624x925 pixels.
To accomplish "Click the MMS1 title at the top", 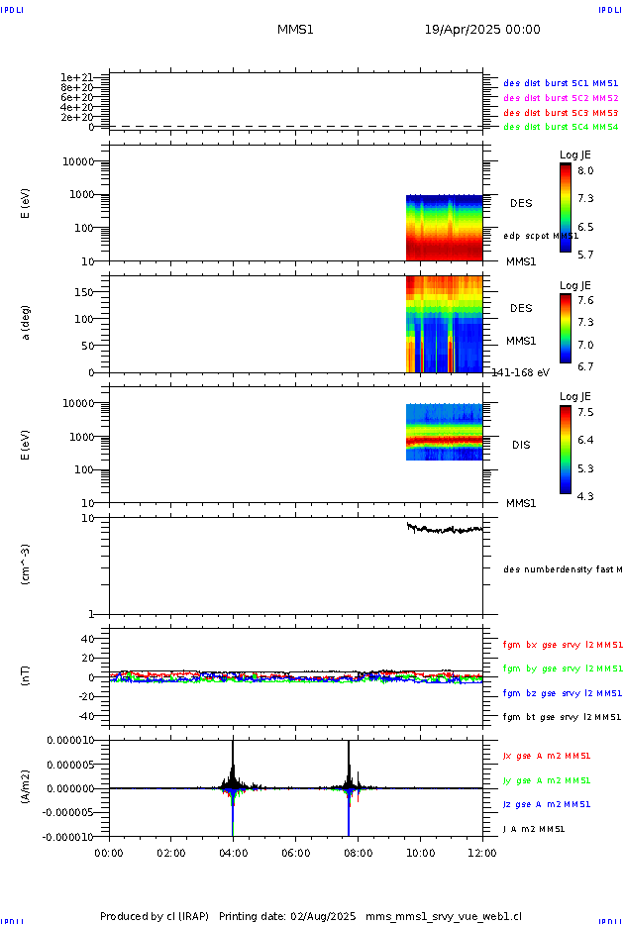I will [x=295, y=30].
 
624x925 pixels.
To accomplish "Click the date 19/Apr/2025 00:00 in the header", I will [x=482, y=30].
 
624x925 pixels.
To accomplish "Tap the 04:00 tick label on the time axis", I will [x=233, y=852].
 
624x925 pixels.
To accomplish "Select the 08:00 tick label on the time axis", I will [x=358, y=852].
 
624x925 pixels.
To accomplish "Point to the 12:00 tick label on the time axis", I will [x=482, y=852].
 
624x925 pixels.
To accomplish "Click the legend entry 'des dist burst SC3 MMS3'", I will [x=561, y=113].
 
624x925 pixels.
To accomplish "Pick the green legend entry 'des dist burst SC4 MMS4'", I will [x=561, y=127].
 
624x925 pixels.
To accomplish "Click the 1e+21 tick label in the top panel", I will [x=76, y=77].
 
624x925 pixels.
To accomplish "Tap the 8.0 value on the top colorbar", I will [x=586, y=170].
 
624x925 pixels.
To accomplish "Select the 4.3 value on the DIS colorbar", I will [x=586, y=495].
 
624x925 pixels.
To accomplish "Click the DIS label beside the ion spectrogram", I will [x=521, y=445].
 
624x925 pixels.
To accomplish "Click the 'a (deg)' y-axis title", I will [x=28, y=323].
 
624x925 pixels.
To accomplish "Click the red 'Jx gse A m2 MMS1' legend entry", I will [x=548, y=756].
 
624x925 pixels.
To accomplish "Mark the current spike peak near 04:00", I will [x=233, y=742].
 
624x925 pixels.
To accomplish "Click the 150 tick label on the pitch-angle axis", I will [x=88, y=292].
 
